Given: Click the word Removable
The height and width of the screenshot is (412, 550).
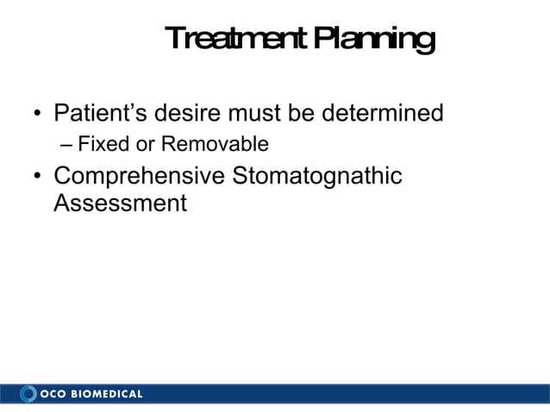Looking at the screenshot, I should pyautogui.click(x=213, y=143).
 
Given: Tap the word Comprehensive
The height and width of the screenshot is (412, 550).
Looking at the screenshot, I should pyautogui.click(x=140, y=177).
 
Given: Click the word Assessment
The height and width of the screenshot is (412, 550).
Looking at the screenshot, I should pyautogui.click(x=120, y=204).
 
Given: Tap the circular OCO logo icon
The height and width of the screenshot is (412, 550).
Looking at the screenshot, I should pyautogui.click(x=28, y=394).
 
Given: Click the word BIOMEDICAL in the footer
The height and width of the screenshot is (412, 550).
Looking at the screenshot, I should pyautogui.click(x=107, y=395).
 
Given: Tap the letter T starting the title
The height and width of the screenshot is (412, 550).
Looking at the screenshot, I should pyautogui.click(x=173, y=39).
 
